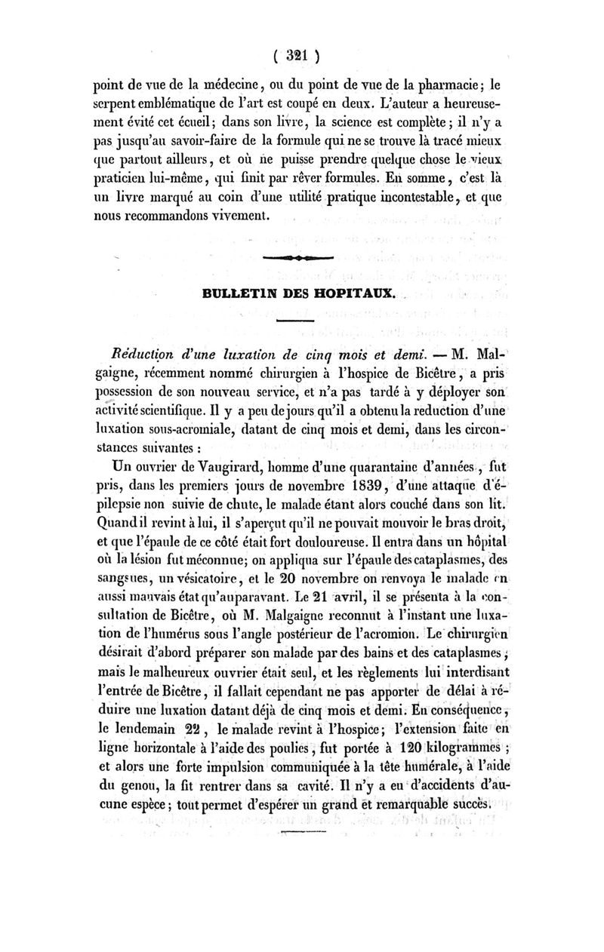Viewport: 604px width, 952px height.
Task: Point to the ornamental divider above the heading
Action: tap(300, 259)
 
